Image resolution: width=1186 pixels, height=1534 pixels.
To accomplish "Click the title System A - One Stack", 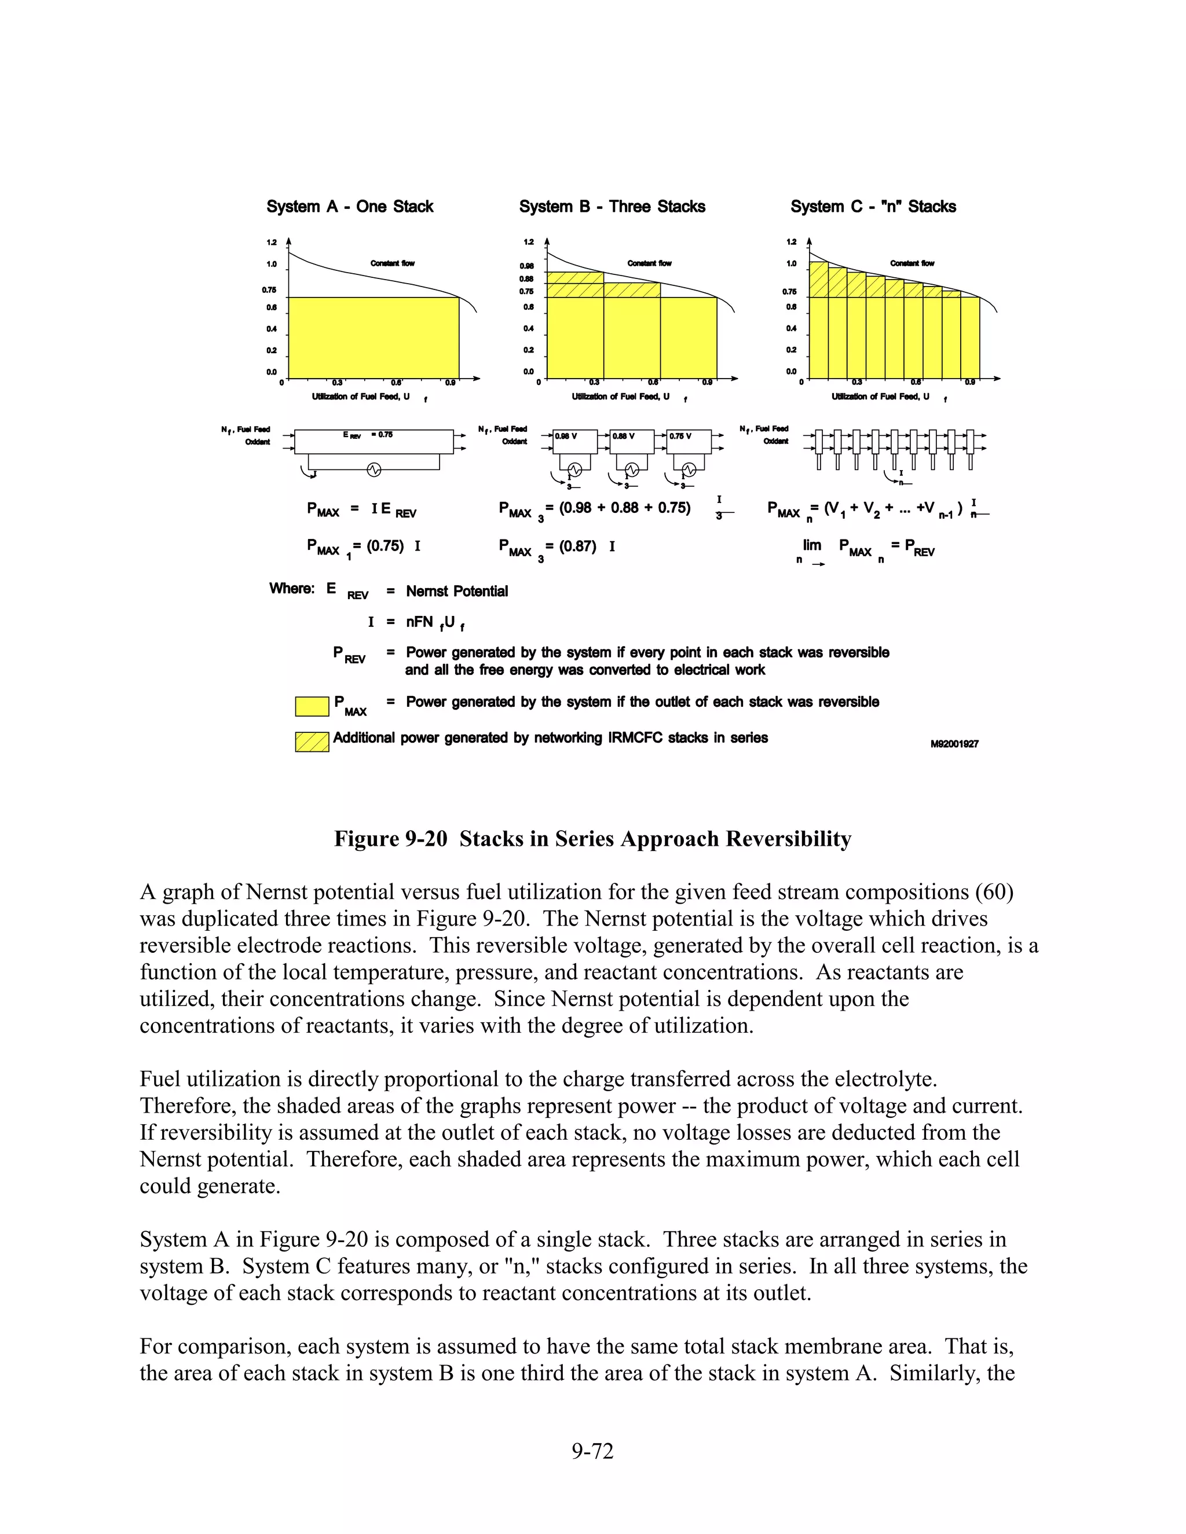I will tap(349, 207).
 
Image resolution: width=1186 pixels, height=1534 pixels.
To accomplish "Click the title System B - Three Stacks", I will tap(612, 207).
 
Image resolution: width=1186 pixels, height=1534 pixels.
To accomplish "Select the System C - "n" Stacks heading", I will tap(873, 207).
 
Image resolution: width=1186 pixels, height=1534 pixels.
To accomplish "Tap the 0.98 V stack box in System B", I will tap(574, 442).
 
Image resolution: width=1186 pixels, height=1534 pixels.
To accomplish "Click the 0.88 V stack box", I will tap(632, 442).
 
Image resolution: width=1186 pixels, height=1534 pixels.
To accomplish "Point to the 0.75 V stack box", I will tap(689, 442).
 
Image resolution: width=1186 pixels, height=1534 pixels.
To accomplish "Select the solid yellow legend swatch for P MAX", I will tap(312, 706).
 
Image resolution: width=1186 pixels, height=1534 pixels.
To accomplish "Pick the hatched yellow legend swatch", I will tap(312, 742).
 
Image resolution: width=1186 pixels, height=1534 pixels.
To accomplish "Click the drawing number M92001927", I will tap(954, 744).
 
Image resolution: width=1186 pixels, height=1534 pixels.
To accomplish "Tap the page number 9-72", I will tap(592, 1451).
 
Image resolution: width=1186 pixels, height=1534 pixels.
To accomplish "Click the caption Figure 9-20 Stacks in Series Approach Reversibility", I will tap(592, 839).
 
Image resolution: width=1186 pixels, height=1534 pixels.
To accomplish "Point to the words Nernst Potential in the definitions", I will tap(457, 592).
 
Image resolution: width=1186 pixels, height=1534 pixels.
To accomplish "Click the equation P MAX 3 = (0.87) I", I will tap(557, 547).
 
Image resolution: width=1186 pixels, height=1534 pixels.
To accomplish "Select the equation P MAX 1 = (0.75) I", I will tap(363, 547).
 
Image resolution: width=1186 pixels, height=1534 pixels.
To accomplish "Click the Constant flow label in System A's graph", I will tap(392, 263).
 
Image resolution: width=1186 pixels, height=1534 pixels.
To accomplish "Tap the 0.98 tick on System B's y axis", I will tap(526, 266).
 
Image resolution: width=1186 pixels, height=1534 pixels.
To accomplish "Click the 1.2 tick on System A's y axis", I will tap(271, 243).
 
